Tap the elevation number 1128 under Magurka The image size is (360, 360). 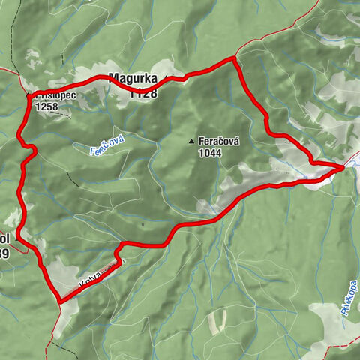pyautogui.click(x=142, y=93)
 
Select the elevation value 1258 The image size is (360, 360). pyautogui.click(x=46, y=107)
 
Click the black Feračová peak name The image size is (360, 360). pyautogui.click(x=217, y=140)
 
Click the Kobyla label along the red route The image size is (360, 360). pyautogui.click(x=88, y=279)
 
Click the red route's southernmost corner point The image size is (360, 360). pyautogui.click(x=58, y=301)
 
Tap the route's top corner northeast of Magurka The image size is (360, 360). pyautogui.click(x=235, y=58)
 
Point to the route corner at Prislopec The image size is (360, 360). pyautogui.click(x=31, y=96)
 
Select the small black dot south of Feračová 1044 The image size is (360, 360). pyautogui.click(x=140, y=223)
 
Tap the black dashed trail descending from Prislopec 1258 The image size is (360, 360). pyautogui.click(x=72, y=176)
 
